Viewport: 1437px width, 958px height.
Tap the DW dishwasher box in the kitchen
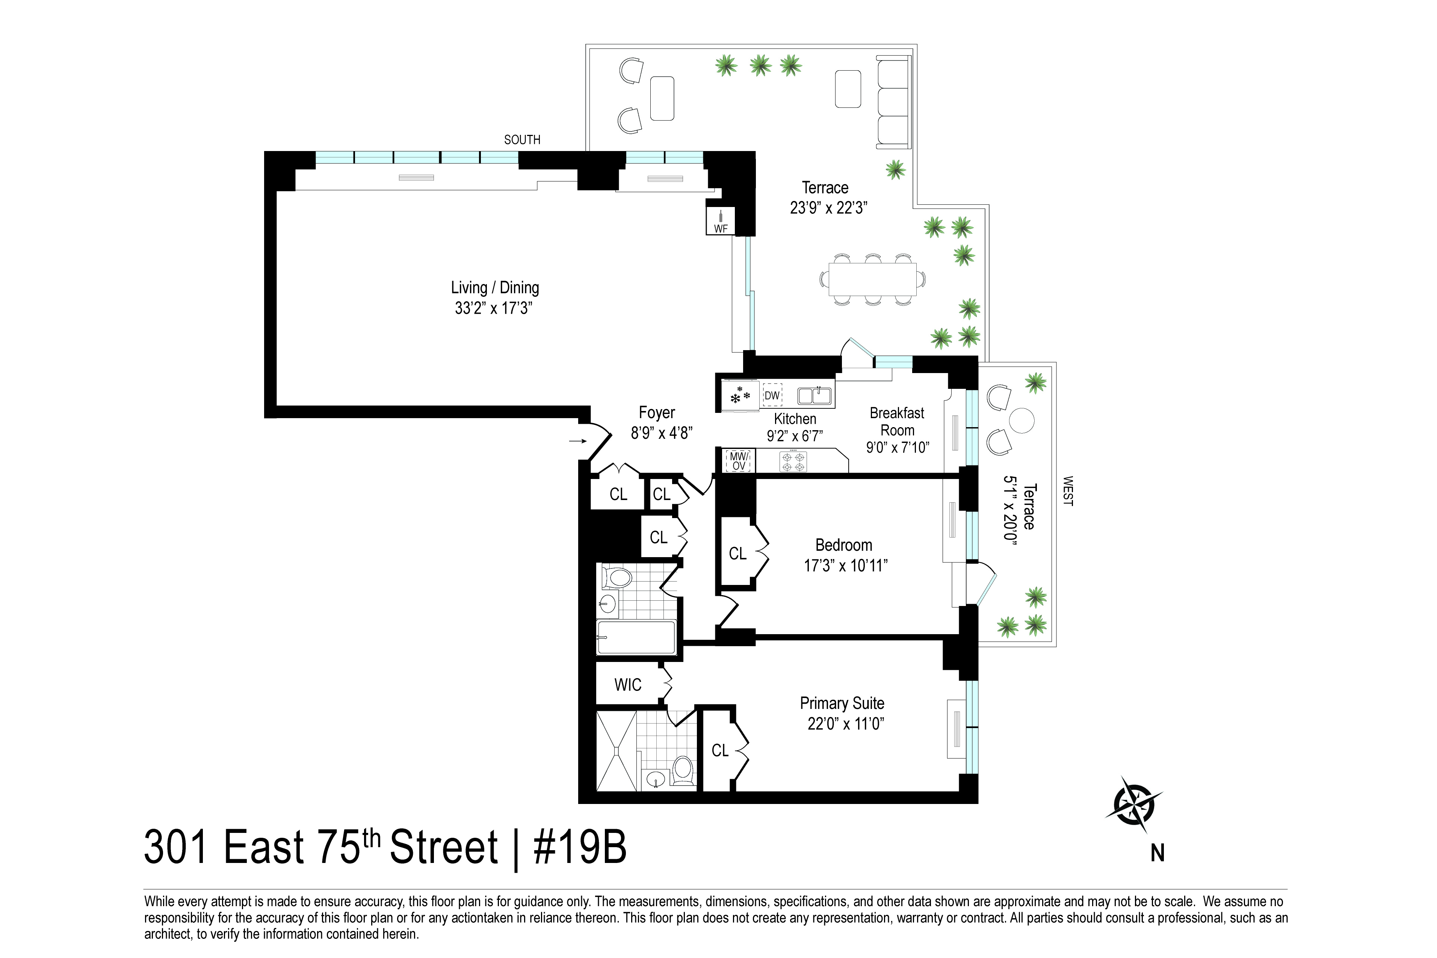pos(772,395)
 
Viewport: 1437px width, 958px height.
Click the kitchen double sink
pos(814,396)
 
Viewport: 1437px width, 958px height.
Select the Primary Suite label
pos(842,703)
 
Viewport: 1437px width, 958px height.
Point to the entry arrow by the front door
pos(577,441)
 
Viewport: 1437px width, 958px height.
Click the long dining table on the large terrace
pos(872,279)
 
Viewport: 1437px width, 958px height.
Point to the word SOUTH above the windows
pos(522,140)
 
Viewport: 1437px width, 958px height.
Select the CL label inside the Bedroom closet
pos(737,553)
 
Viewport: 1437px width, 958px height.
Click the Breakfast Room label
pos(897,422)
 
